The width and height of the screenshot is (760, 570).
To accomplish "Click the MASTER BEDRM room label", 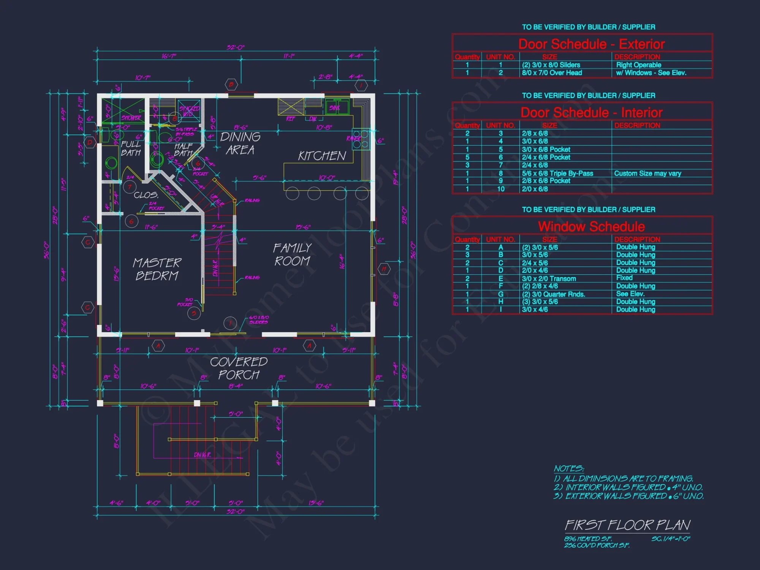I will [157, 269].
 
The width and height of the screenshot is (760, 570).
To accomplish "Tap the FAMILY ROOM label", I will [292, 255].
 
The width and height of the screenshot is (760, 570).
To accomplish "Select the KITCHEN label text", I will [322, 156].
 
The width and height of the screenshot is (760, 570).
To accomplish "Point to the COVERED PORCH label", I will [239, 368].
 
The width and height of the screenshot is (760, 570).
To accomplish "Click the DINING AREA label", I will [240, 143].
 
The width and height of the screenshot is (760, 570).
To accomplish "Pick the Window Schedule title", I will [591, 226].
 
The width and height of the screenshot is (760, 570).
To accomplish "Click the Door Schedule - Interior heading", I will [591, 112].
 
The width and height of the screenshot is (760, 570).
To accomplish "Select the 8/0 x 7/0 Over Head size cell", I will [552, 73].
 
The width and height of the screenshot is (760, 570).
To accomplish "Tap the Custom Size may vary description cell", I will [648, 173].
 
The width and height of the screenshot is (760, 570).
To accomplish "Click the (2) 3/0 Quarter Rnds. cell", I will [553, 294].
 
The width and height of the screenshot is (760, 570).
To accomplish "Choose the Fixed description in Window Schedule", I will [624, 278].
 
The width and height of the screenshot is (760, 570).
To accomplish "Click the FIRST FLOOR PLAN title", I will [627, 525].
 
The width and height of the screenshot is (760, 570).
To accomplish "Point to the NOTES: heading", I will [568, 469].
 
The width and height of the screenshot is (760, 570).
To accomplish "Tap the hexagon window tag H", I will [384, 269].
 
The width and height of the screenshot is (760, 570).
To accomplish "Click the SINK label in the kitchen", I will [334, 108].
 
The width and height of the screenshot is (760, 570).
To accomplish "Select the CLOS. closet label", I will [146, 195].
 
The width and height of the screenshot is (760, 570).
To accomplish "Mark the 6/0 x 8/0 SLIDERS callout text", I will [259, 320].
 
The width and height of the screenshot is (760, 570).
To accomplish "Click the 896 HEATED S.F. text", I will [587, 539].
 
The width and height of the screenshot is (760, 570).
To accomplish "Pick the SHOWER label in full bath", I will [131, 118].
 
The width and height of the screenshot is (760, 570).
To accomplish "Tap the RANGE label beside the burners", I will [353, 138].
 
